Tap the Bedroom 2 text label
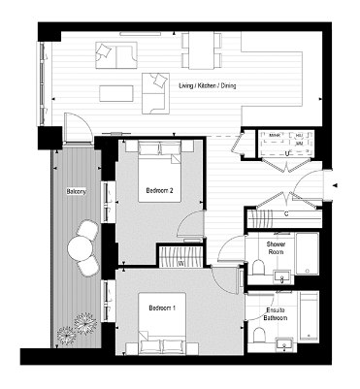click(158, 190)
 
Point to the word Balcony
click(77, 192)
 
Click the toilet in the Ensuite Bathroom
click(259, 336)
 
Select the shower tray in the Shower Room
click(307, 254)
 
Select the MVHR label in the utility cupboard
click(275, 136)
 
